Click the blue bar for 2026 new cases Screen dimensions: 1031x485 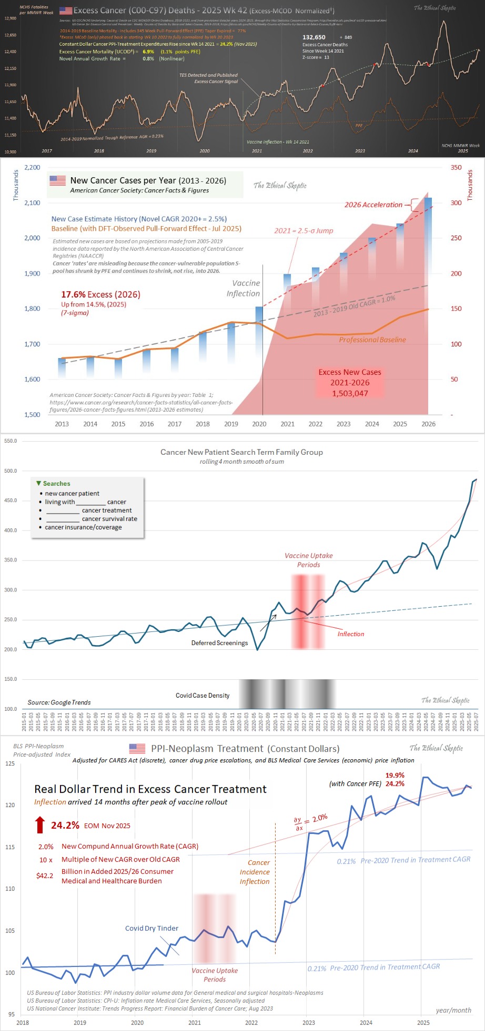428,231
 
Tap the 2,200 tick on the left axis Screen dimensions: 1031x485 32,167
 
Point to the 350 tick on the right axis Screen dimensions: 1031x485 456,167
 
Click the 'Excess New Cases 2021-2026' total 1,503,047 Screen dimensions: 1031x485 350,393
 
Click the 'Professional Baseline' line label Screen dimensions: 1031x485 372,340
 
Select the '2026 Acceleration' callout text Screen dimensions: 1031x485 373,205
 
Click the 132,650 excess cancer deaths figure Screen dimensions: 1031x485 314,37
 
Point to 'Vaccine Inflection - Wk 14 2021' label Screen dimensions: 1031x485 278,142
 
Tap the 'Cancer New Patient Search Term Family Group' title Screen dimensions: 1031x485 241,452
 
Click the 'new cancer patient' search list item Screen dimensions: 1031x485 72,494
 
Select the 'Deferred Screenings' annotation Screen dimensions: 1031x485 219,643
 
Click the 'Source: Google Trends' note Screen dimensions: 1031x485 59,702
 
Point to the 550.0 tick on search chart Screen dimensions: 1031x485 11,441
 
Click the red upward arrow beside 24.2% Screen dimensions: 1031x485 40,825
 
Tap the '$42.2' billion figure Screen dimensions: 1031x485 45,875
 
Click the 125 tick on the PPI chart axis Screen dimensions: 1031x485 11,763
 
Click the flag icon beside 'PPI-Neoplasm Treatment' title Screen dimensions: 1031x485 137,748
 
